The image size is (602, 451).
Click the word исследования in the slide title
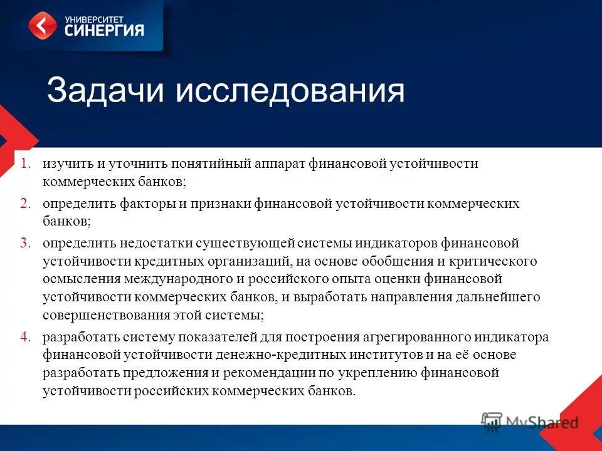point(290,91)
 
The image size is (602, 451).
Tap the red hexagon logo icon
point(43,26)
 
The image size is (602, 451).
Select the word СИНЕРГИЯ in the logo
point(104,29)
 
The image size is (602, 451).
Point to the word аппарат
point(280,164)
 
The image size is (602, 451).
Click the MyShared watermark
point(531,422)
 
